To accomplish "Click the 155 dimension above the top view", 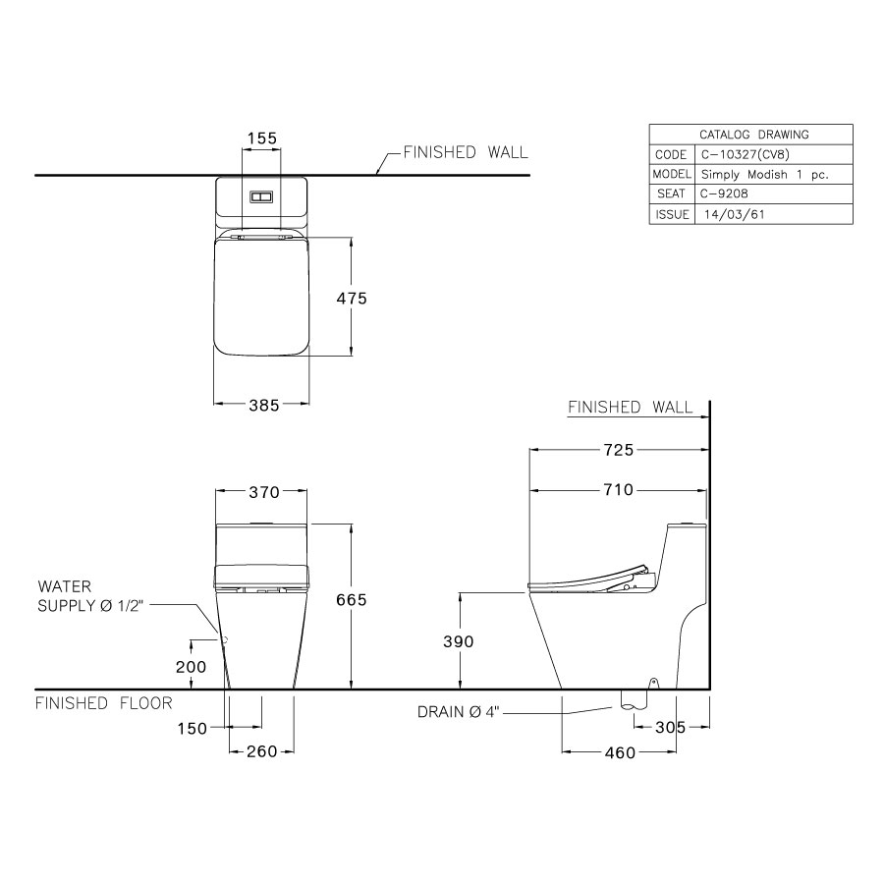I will [x=261, y=138].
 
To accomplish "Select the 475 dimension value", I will [x=351, y=298].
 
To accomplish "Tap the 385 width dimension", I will [x=263, y=404].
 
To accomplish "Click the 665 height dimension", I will [x=351, y=600].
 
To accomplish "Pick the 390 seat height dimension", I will [x=458, y=641].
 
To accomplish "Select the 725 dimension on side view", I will [x=618, y=450].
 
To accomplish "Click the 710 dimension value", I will [x=618, y=490].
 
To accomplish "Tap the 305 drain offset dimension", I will [x=670, y=728].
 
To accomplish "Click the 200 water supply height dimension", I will [x=193, y=666].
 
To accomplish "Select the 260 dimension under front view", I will [x=261, y=751].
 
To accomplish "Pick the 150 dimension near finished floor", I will [x=193, y=728].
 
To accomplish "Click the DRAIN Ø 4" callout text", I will [x=458, y=712].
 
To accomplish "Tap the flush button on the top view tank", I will [x=261, y=196].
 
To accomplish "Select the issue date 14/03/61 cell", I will [x=729, y=214].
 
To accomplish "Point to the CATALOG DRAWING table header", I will [x=751, y=135].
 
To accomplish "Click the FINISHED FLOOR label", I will [x=104, y=703].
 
